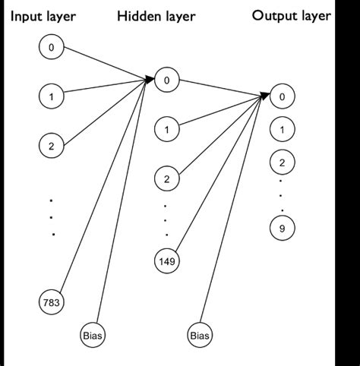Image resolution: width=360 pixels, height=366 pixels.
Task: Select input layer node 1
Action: coord(51,96)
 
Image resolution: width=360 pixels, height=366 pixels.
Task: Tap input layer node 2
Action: coord(51,146)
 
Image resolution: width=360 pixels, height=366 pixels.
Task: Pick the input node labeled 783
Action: coord(51,302)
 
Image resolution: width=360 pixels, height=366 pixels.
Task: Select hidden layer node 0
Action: coord(166,78)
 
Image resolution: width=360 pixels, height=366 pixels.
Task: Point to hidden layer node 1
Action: coord(166,130)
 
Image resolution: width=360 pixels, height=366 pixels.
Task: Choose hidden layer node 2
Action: coord(166,179)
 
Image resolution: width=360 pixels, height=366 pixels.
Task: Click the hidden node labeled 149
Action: coord(166,260)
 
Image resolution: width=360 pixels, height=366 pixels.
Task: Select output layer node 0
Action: coord(282,96)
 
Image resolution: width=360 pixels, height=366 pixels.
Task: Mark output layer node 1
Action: coord(282,130)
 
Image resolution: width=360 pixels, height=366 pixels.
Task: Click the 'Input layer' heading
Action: coord(43,16)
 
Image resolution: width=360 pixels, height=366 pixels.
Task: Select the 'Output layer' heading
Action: coord(292,16)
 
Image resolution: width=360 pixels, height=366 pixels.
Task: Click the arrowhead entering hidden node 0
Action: coord(150,77)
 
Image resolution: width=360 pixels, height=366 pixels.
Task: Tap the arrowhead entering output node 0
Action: coord(266,95)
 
